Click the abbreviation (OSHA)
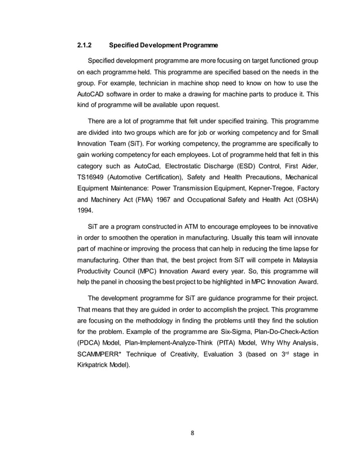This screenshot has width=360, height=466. coord(306,200)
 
